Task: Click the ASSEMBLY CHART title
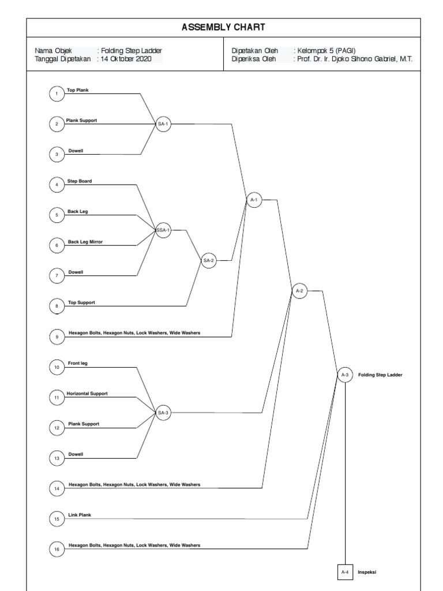[223, 27]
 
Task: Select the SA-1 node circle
[163, 124]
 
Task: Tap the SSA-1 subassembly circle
[163, 230]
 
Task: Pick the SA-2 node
[208, 260]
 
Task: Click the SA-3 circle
[163, 412]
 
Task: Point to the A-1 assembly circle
[254, 200]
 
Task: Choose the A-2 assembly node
[299, 291]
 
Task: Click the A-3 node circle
[345, 375]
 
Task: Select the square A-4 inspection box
[345, 572]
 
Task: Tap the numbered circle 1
[57, 93]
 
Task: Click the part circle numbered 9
[57, 337]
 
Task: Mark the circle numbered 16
[57, 549]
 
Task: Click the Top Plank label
[78, 91]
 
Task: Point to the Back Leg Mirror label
[85, 242]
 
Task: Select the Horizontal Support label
[88, 394]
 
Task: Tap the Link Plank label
[80, 515]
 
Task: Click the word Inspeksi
[367, 572]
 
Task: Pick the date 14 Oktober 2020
[126, 58]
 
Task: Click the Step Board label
[80, 181]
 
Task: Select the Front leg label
[78, 363]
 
